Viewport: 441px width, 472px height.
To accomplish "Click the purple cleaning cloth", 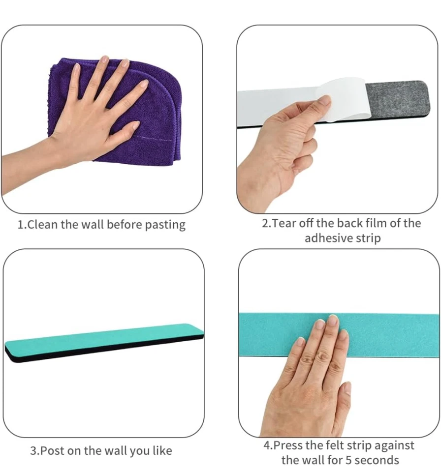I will click(157, 98).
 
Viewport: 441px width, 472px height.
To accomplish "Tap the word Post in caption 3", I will click(51, 450).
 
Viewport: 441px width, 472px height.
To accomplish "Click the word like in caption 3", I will click(161, 450).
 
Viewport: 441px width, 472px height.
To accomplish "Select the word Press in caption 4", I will click(287, 445).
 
